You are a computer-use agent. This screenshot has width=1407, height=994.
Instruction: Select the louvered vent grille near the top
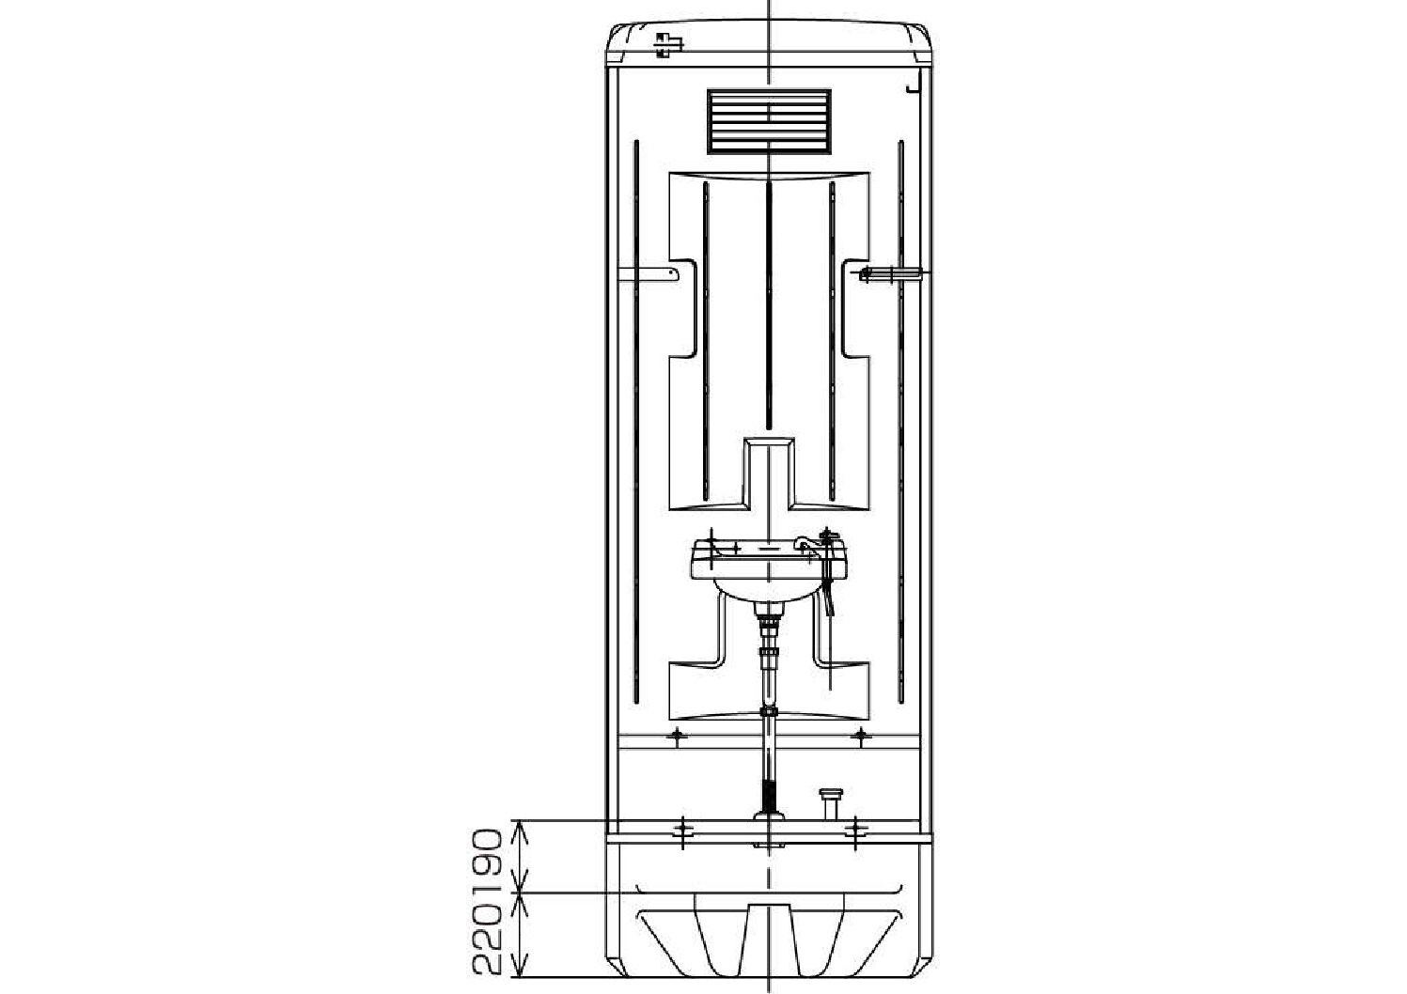770,122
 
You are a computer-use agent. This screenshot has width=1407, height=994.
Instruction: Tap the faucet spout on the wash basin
807,545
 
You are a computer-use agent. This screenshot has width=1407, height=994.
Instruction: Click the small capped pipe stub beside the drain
831,803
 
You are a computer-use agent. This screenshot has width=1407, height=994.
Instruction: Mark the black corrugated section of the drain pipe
769,796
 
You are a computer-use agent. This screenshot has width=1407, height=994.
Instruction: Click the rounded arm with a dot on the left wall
649,273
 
